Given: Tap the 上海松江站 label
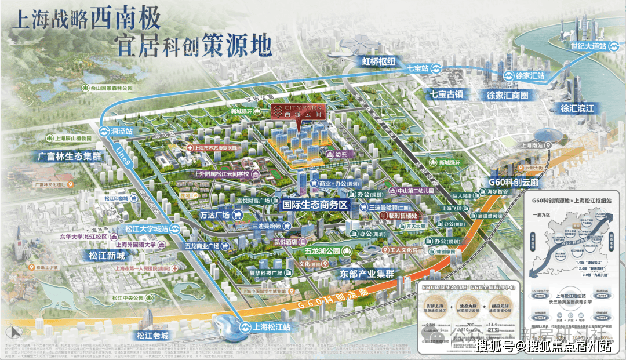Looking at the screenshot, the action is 272,326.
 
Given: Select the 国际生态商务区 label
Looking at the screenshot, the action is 314,205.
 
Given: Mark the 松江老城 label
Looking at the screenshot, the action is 152,336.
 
